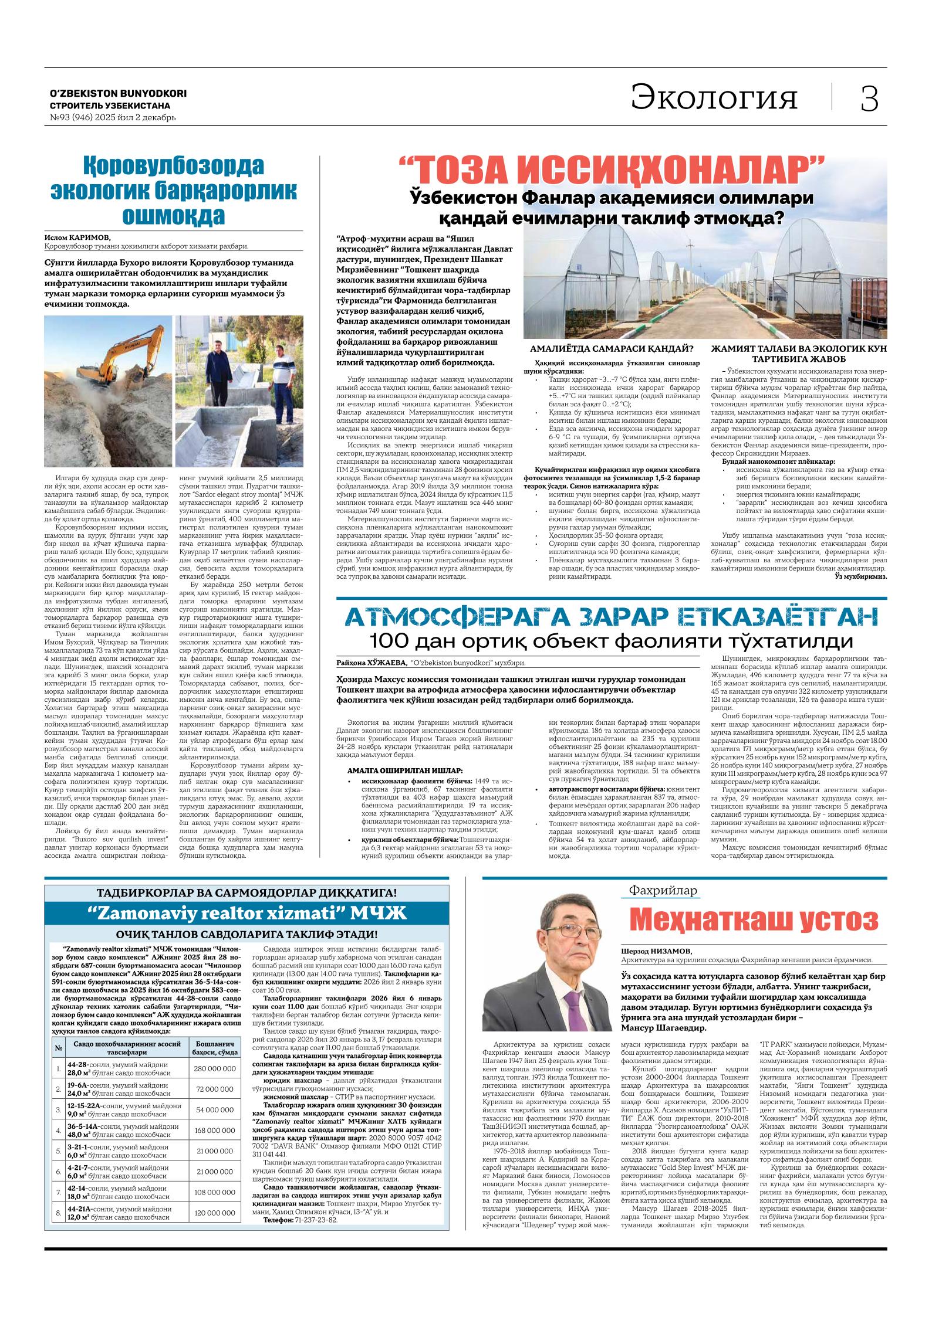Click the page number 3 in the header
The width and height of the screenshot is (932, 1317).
point(869,98)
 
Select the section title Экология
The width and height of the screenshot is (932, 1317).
point(714,97)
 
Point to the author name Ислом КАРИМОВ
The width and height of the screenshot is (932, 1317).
point(77,237)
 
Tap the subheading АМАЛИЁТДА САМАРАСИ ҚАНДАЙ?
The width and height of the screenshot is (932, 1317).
point(611,348)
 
